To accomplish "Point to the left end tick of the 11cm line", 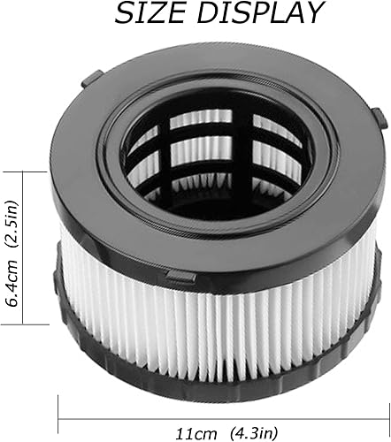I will pos(59,408).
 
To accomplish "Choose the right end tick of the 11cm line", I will pos(383,408).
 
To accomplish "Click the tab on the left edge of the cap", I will pos(87,81).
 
